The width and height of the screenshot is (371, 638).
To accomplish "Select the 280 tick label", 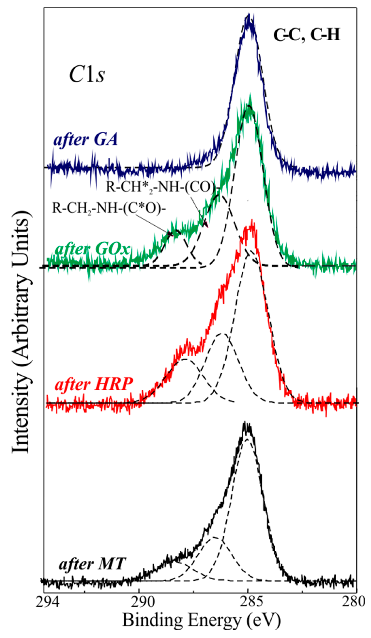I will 355,601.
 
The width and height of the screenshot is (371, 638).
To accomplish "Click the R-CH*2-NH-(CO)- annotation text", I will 162,187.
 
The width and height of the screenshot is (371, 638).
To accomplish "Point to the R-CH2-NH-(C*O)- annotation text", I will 109,209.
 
